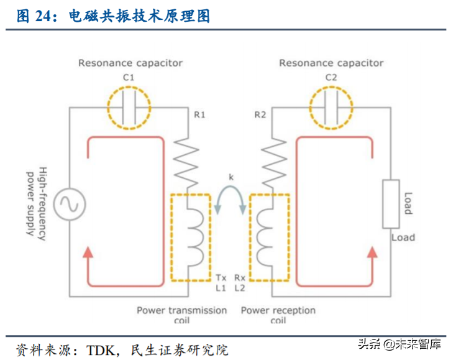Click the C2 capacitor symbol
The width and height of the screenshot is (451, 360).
331,108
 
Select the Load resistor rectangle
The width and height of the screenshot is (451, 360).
390,203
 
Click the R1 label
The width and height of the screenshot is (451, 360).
199,116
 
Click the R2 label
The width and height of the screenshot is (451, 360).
260,116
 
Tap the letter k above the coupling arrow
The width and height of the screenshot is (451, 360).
231,178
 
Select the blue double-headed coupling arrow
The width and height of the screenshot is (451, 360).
230,200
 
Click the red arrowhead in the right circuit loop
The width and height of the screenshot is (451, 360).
373,251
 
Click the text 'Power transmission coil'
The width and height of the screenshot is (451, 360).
182,315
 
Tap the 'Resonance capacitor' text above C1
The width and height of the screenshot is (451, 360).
130,63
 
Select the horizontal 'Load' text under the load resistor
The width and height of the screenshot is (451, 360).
403,238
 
